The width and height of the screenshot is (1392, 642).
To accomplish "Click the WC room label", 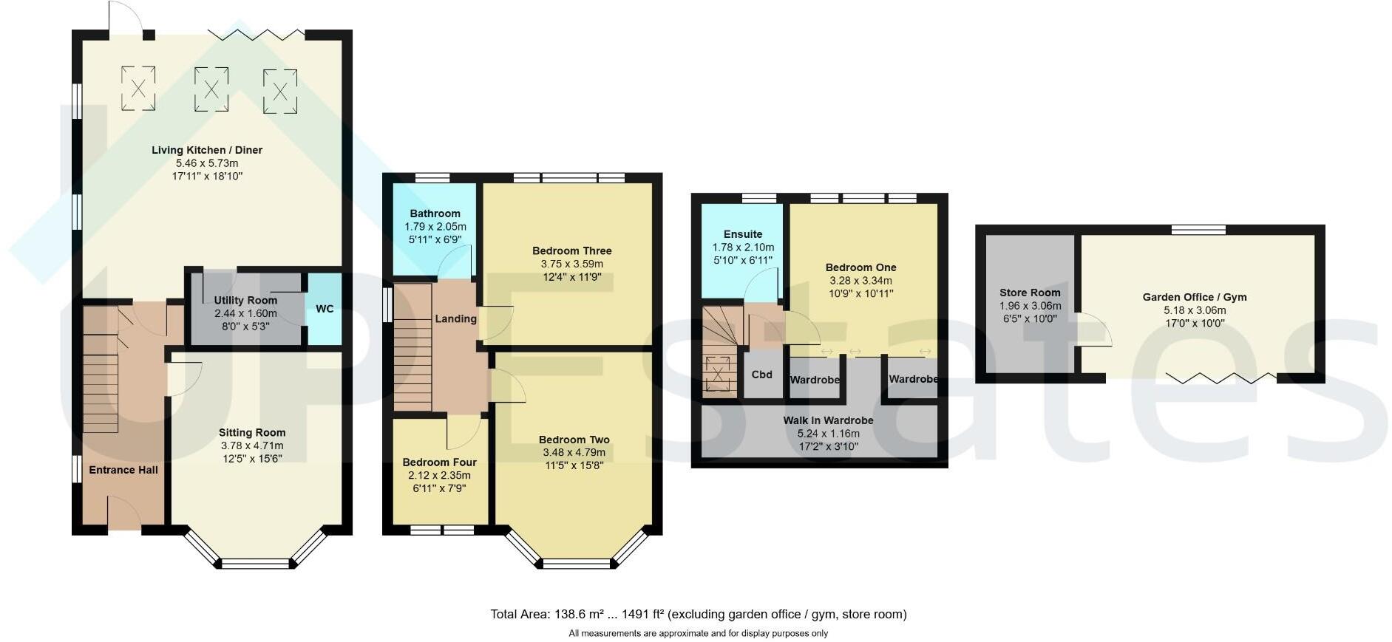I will [325, 309].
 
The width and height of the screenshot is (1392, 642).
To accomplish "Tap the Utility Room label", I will [245, 300].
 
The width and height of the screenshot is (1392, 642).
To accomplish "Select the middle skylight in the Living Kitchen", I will [211, 89].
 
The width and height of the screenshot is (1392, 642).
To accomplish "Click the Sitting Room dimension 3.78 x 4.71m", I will [252, 445].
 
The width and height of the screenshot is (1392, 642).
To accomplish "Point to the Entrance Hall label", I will [123, 470].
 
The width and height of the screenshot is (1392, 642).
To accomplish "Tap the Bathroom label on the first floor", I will [435, 214].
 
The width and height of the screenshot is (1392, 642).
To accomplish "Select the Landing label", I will [455, 318].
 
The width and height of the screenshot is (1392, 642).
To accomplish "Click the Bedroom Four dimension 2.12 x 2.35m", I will [439, 475].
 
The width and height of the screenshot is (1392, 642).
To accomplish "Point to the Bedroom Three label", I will [571, 250].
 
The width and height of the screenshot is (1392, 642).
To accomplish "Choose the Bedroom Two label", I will [574, 440].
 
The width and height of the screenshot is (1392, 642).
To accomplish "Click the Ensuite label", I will [743, 234].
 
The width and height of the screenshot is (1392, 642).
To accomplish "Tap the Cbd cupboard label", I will [761, 375].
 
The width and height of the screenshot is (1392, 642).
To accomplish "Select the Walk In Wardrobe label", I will [828, 420].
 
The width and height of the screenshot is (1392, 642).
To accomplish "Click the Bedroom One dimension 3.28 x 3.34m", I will [860, 281].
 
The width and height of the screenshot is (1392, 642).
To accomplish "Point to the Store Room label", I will [1030, 293].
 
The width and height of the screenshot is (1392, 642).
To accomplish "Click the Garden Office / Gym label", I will [1194, 297].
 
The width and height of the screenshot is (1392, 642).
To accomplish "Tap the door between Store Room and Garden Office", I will [1093, 329].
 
